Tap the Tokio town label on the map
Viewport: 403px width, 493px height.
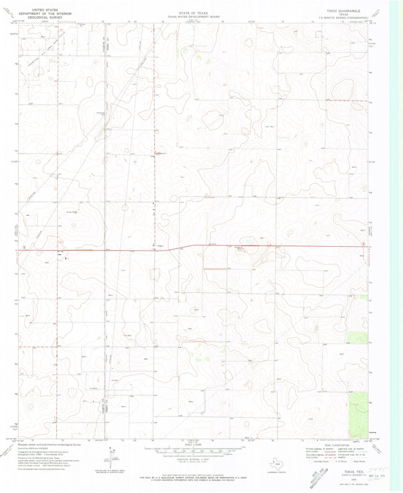[x=160, y=246]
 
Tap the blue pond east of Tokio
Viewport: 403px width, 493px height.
[x=249, y=242]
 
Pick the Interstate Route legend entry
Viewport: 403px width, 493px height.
[x=318, y=461]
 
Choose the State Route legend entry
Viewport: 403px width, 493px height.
[x=357, y=461]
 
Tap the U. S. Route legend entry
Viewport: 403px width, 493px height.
[x=338, y=461]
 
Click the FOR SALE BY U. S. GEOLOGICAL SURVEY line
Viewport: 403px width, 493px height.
[x=193, y=478]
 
